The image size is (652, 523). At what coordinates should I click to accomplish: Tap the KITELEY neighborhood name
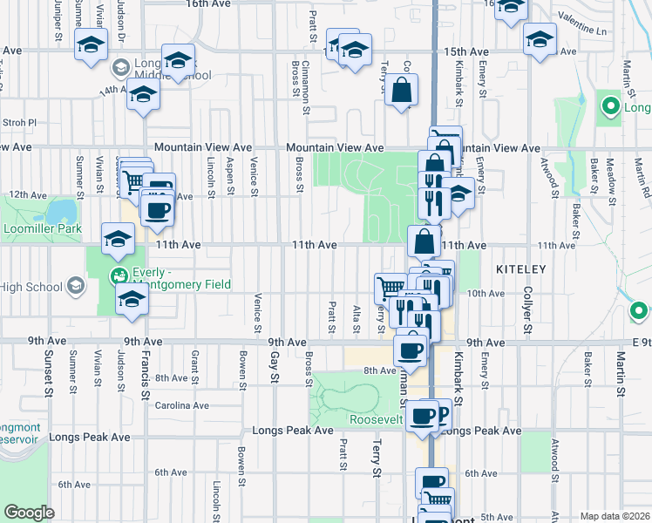point(521,269)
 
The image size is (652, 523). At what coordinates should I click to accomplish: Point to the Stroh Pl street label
point(19,123)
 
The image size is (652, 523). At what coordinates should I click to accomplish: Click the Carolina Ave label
point(182,405)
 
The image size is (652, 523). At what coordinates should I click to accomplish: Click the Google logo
point(29,512)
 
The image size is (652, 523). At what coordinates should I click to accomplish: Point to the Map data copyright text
point(614,516)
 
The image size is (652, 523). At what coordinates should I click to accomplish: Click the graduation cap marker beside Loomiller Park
point(118,240)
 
